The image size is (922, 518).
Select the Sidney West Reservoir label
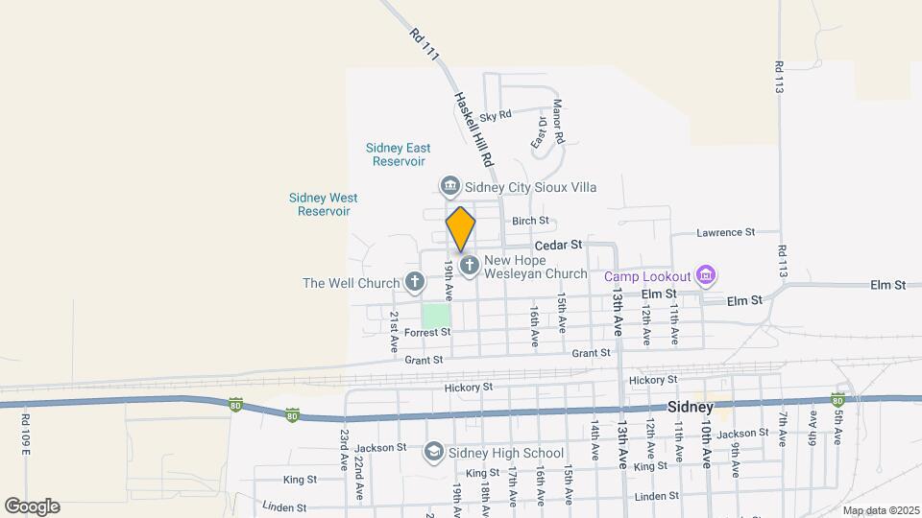(x=323, y=204)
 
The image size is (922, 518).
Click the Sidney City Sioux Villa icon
(x=449, y=186)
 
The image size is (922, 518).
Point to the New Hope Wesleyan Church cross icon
(x=470, y=266)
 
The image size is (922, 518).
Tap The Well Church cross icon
(x=415, y=282)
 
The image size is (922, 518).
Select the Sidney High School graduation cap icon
(x=434, y=452)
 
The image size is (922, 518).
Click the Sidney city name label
(x=690, y=407)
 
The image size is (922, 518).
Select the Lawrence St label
(x=726, y=232)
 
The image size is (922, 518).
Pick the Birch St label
(x=530, y=221)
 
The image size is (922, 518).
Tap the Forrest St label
(x=427, y=333)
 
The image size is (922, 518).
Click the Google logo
(x=32, y=506)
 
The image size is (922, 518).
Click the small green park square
(x=436, y=315)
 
